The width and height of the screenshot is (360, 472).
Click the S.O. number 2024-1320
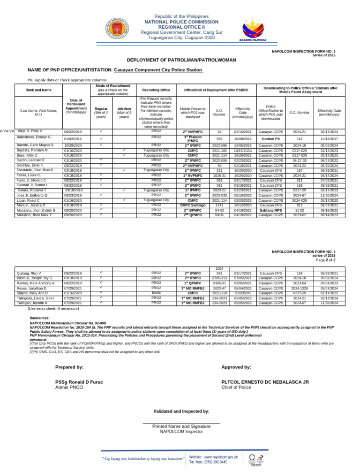coord(300,288)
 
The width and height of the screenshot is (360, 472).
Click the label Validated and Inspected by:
coord(181,411)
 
